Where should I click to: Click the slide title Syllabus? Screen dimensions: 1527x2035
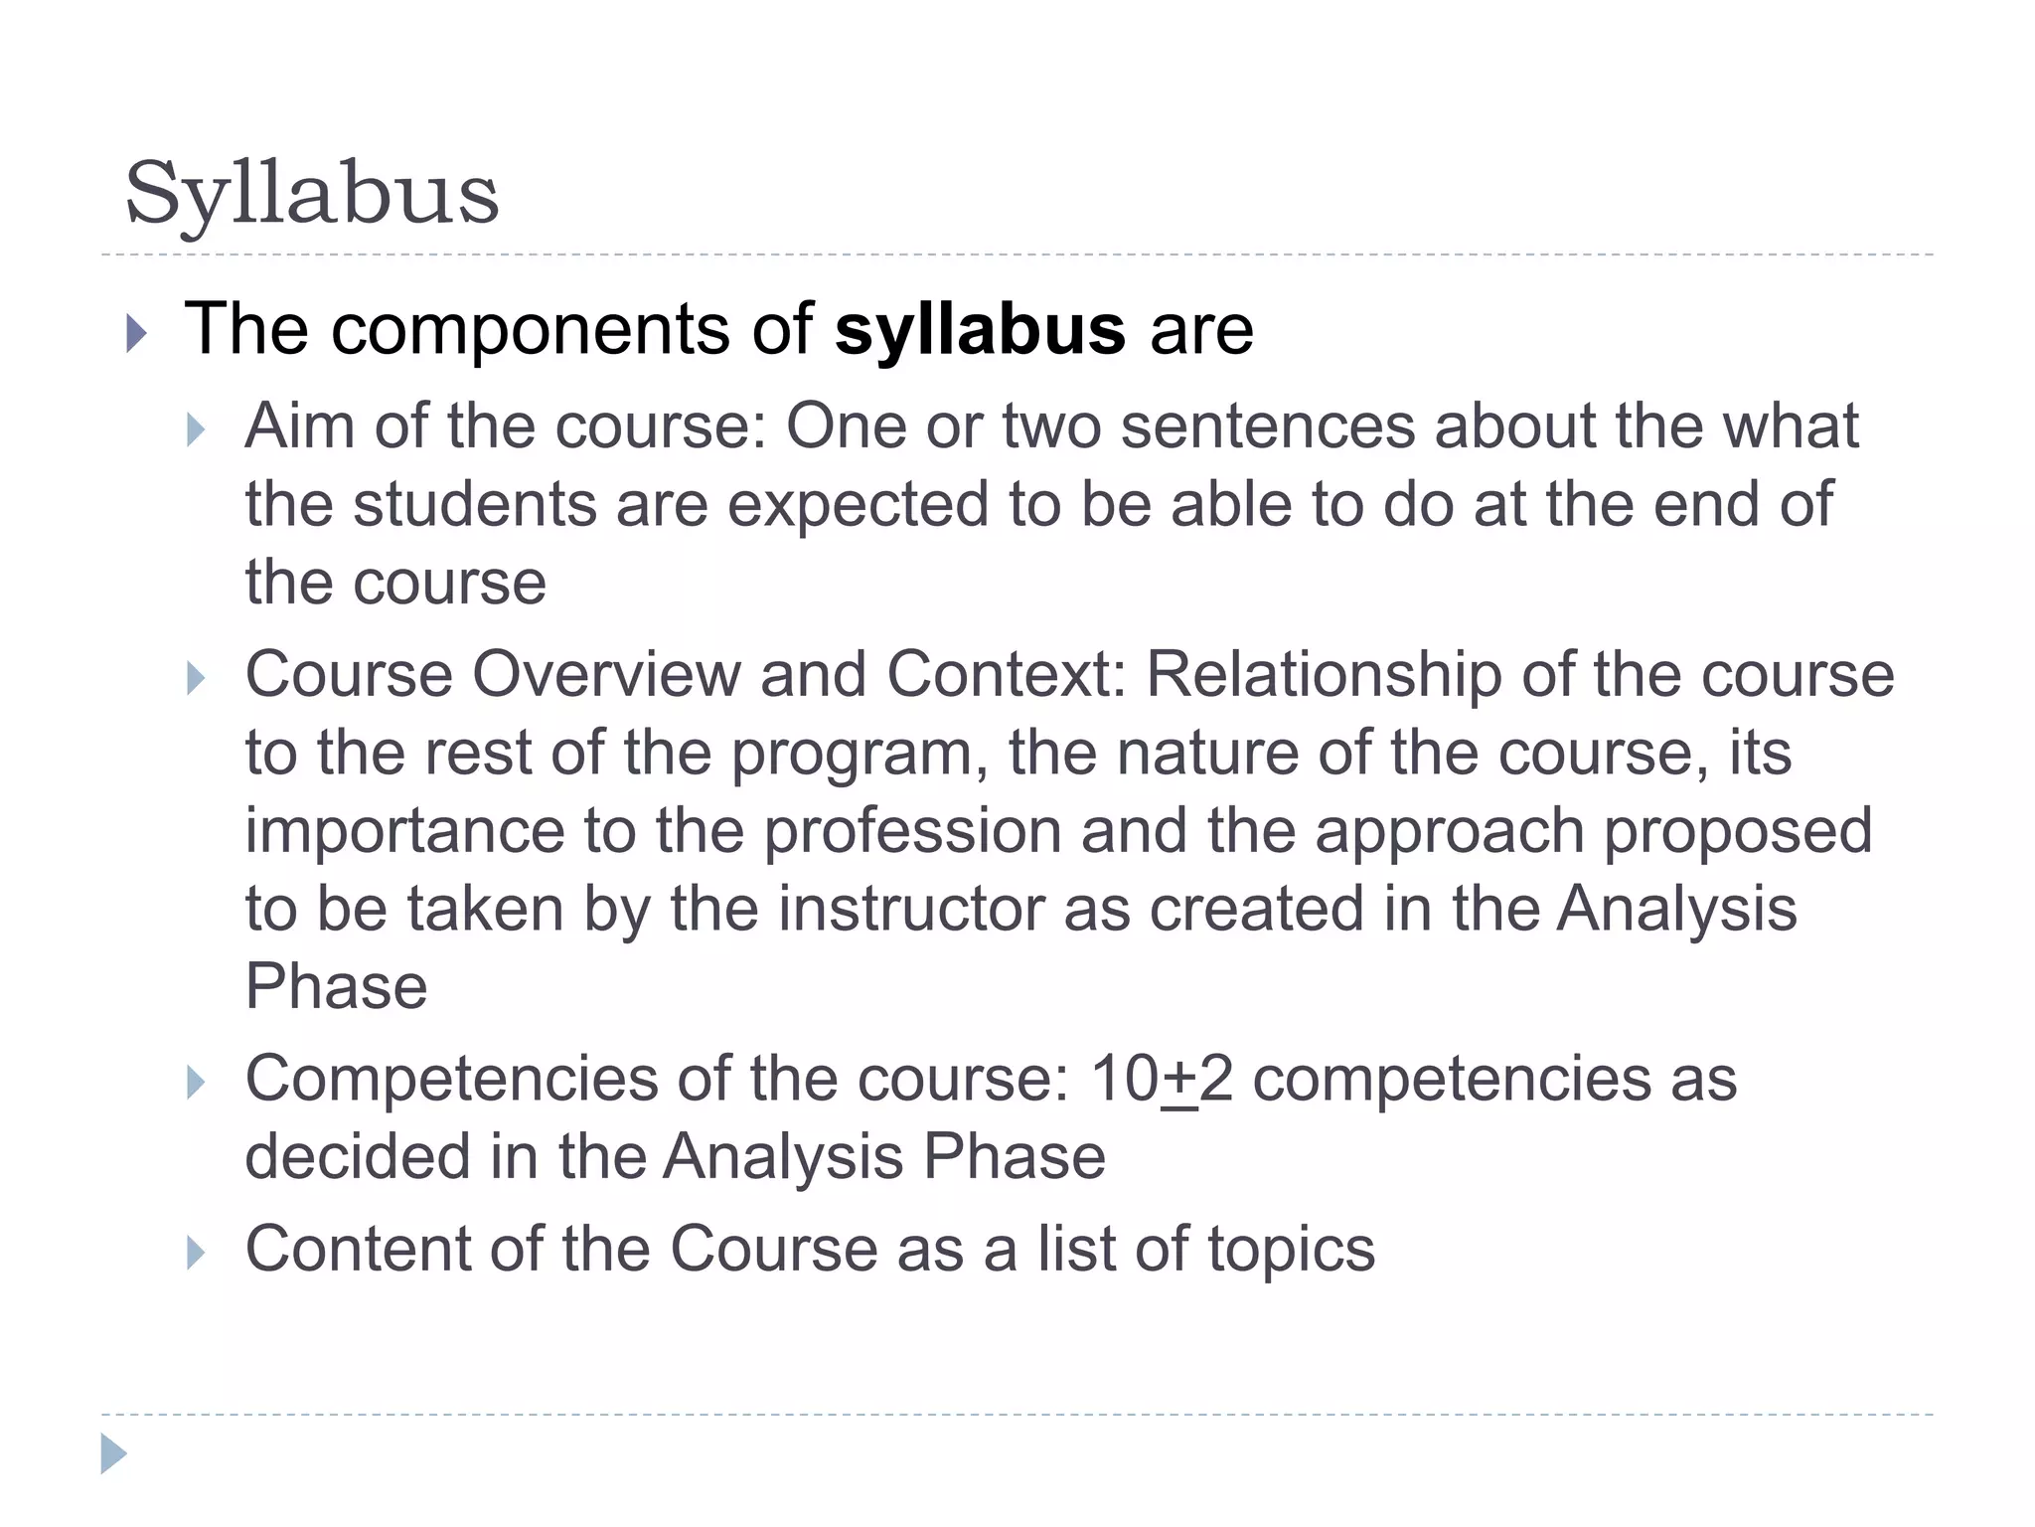tap(311, 195)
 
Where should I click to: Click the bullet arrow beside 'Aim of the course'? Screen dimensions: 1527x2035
tap(196, 430)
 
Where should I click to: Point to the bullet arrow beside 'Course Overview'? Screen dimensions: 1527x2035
tap(196, 679)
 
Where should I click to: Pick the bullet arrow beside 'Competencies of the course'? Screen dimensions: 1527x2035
tap(196, 1082)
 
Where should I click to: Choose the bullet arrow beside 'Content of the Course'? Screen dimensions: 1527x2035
tap(196, 1253)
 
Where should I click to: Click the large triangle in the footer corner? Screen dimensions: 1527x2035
tap(113, 1453)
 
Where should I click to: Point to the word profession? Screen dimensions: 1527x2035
tap(912, 832)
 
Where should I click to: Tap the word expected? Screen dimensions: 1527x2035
tap(858, 504)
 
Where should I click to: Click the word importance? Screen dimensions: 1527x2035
tap(404, 832)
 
